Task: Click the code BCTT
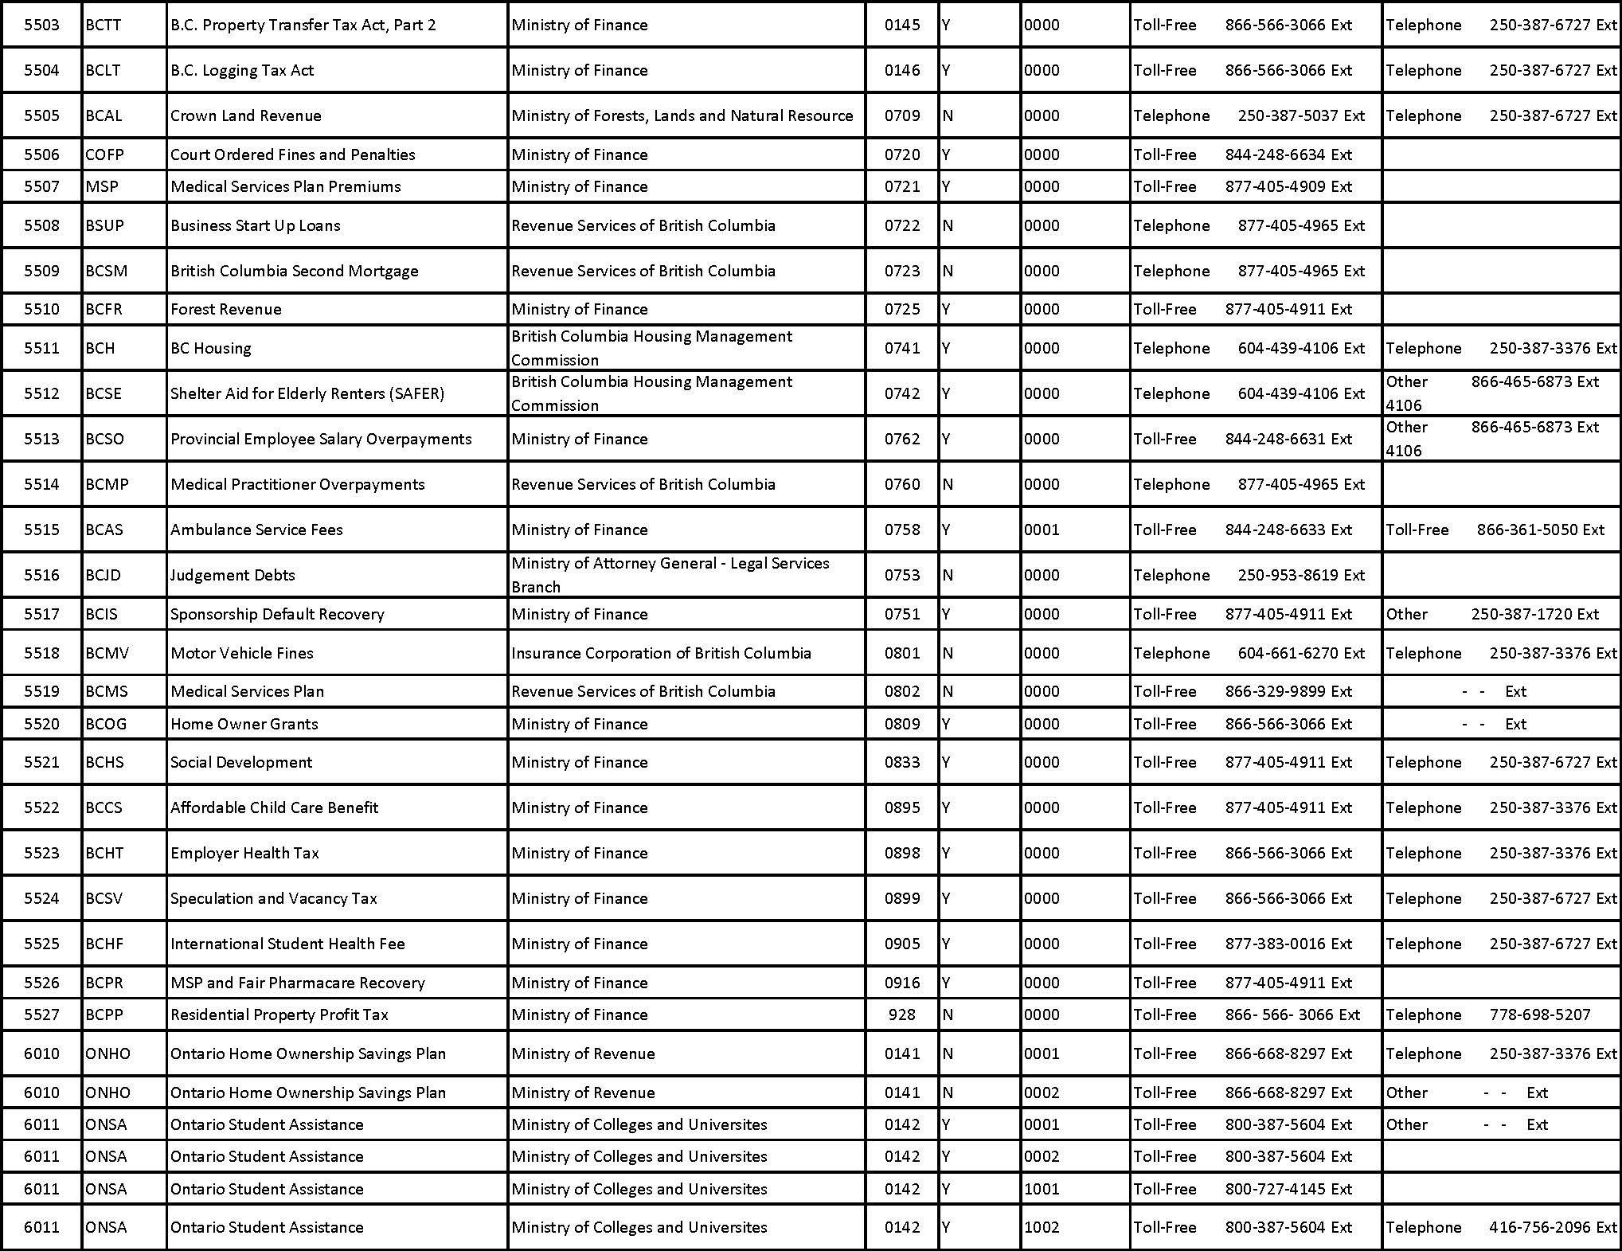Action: (104, 25)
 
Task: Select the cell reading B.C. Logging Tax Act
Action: (242, 70)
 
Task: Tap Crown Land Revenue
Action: (246, 115)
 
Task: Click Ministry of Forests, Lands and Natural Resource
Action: (682, 115)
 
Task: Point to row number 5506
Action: (41, 154)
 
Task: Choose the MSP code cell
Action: (102, 186)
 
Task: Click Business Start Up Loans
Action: (256, 225)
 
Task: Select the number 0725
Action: (902, 309)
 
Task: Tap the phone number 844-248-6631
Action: (1275, 439)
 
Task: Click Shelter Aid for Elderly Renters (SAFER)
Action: (307, 393)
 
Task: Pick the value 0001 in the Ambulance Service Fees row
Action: (1042, 530)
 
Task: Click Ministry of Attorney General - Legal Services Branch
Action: (670, 575)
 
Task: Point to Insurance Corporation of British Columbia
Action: (661, 653)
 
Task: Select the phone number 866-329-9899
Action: (1275, 691)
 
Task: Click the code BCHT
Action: (104, 853)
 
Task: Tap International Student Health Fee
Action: (287, 944)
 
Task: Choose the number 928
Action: (902, 1014)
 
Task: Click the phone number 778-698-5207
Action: (1540, 1014)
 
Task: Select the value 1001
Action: (1042, 1189)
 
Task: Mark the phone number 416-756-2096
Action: (1540, 1227)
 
